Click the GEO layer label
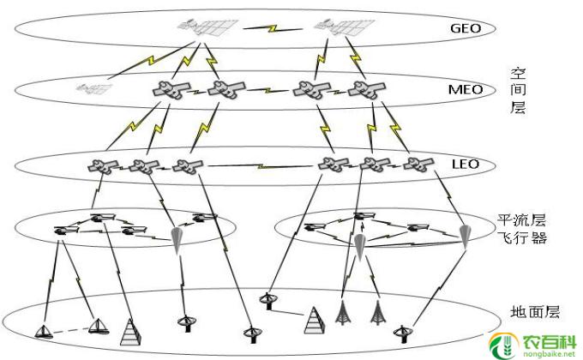tap(466, 27)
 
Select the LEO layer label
tap(465, 163)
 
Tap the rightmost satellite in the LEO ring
tap(419, 164)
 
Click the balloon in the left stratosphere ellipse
tap(178, 237)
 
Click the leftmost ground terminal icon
tap(44, 330)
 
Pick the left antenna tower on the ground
tap(345, 312)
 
